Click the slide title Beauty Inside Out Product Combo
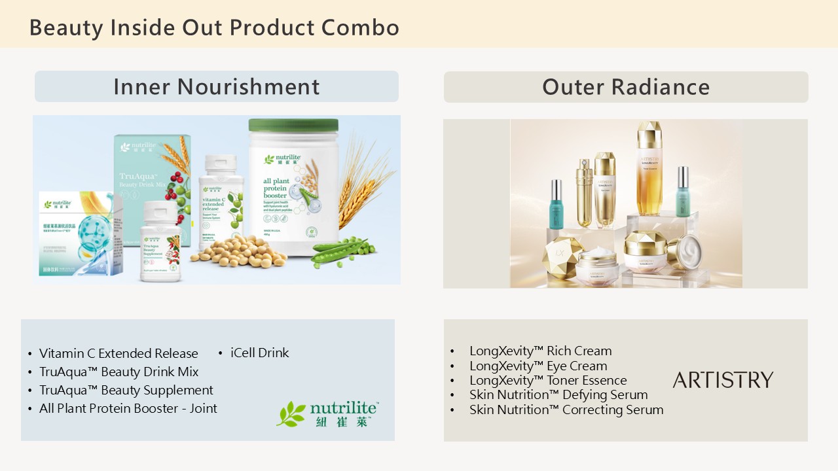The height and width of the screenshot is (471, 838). pos(214,28)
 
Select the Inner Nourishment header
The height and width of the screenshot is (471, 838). pos(216,86)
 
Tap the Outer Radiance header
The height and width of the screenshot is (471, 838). pos(625,87)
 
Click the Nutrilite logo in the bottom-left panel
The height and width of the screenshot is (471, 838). pos(327,413)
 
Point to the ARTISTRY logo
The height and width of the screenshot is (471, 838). pos(723,380)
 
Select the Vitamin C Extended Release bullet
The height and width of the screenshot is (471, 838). pos(118,353)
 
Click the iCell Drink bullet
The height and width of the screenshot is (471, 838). pos(259,353)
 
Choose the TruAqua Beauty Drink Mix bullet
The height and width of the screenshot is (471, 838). pos(118,372)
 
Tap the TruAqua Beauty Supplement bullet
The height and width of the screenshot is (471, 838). pos(126,390)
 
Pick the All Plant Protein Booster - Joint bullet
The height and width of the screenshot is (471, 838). pos(128,408)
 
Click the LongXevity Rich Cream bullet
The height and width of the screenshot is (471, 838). pos(540,351)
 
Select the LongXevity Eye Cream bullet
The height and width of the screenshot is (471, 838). pos(538,366)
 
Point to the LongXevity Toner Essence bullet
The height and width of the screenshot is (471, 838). pos(548,380)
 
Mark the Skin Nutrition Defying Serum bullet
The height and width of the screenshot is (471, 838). pos(558,394)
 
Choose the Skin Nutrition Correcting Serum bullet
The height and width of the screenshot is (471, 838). pos(566,410)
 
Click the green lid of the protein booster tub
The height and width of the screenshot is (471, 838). pos(293,125)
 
